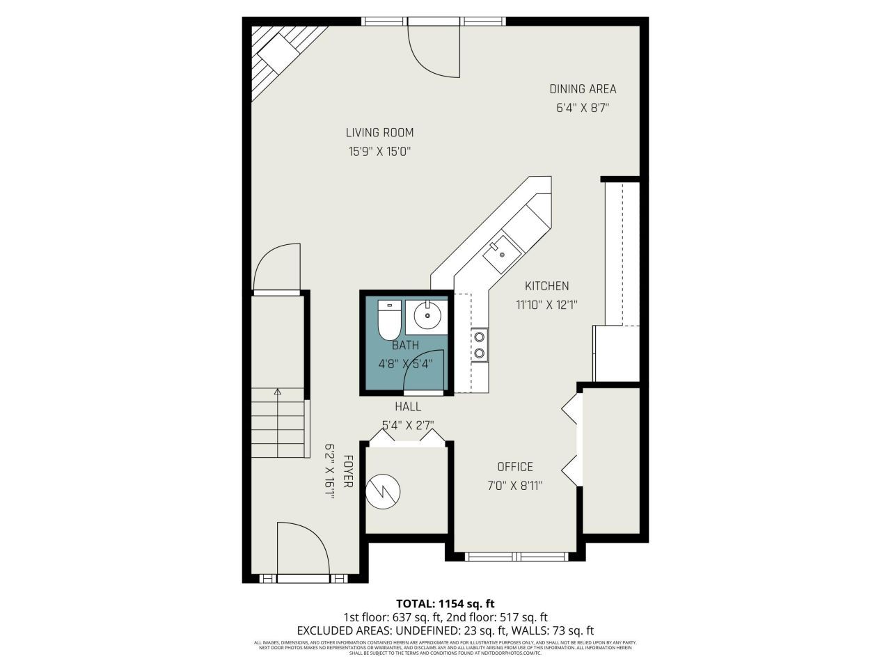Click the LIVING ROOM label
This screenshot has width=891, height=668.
379,132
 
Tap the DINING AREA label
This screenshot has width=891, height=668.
583,88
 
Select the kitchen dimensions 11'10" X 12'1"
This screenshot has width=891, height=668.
547,304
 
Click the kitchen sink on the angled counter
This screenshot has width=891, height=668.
501,255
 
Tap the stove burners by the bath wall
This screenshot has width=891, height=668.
480,345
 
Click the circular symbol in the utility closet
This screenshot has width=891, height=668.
384,491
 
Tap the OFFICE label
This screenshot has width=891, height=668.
515,467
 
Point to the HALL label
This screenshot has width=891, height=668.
407,406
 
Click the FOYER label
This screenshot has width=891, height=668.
347,471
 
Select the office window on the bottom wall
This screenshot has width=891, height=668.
517,556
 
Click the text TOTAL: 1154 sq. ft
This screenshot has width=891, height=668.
445,603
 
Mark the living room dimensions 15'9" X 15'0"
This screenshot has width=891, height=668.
379,152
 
